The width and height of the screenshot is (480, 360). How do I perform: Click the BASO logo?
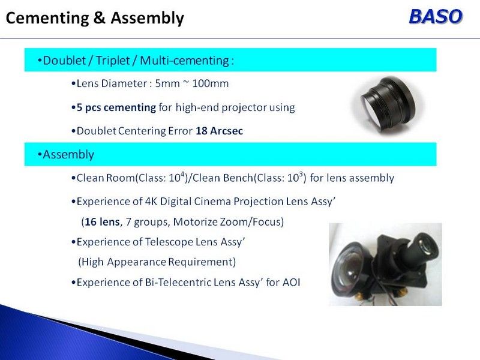click(436, 16)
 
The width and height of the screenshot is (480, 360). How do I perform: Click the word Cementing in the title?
click(47, 18)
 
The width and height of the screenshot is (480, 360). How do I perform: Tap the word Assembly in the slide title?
click(147, 19)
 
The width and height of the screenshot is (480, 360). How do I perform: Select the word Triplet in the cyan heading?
click(113, 61)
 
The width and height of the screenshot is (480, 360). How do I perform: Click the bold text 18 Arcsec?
click(219, 131)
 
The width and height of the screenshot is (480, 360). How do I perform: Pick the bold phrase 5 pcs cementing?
click(116, 108)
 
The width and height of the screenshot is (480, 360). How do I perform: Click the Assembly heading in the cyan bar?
click(68, 155)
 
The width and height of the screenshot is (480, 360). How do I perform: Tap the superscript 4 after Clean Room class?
click(182, 174)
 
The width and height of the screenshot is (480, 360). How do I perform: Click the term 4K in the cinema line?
click(151, 202)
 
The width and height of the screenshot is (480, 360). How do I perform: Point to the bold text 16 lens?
click(102, 221)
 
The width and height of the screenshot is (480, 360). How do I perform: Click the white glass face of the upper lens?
click(371, 109)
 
